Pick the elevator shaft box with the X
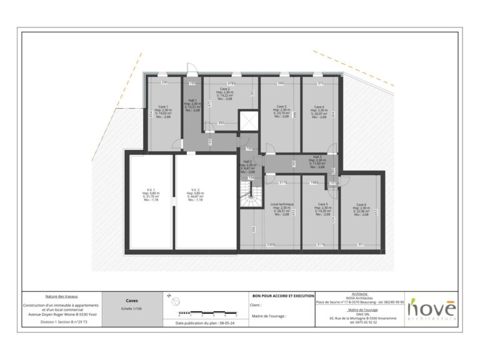tap(248, 121)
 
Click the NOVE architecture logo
tap(432, 309)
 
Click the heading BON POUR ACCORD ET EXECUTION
tap(282, 295)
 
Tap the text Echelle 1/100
tap(132, 309)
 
